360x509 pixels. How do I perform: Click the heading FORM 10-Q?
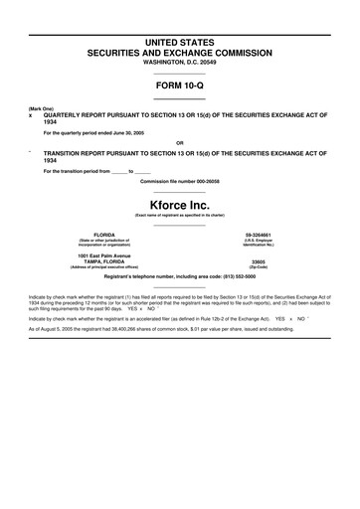(180, 85)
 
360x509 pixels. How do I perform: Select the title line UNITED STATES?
(180, 43)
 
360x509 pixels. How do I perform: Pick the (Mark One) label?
(41, 107)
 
